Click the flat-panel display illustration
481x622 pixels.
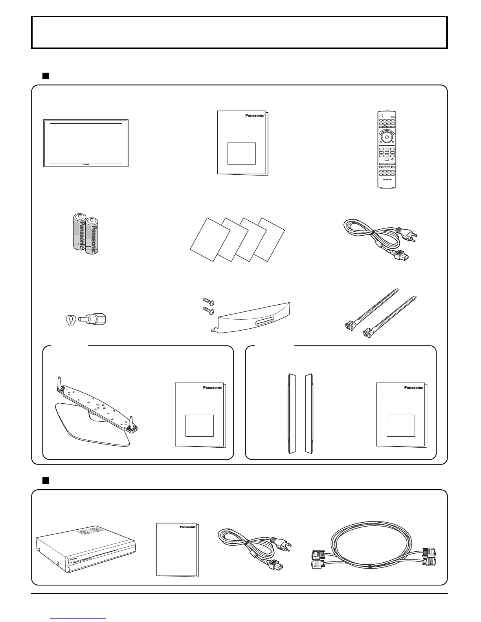tap(86, 143)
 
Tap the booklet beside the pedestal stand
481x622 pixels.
tap(200, 415)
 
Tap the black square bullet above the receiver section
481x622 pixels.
tap(46, 480)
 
